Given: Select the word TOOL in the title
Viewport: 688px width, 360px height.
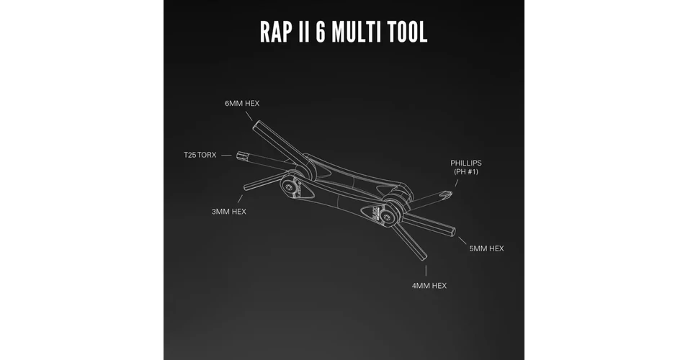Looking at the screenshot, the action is [x=408, y=32].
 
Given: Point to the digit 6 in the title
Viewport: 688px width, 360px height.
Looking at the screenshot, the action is [x=321, y=32].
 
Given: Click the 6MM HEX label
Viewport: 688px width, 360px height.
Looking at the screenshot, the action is [x=242, y=104].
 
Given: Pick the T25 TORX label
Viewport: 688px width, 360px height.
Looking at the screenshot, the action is [x=200, y=155].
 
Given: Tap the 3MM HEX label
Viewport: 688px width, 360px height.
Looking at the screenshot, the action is [x=229, y=212].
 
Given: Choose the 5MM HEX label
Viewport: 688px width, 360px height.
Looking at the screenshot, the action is [x=486, y=248].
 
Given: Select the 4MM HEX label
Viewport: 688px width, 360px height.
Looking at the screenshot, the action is [x=429, y=285].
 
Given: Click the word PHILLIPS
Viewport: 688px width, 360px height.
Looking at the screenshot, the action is [x=466, y=163].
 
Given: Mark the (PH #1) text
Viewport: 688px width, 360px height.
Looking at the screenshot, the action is [x=466, y=171].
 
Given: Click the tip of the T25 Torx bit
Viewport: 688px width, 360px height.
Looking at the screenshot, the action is [x=238, y=156].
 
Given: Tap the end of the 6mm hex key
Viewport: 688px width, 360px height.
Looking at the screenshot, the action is [x=256, y=125].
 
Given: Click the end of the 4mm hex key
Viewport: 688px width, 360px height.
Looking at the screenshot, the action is [x=424, y=258].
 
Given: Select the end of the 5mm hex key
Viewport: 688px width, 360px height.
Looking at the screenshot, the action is [x=453, y=231].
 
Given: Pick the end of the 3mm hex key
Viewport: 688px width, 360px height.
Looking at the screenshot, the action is [x=245, y=187].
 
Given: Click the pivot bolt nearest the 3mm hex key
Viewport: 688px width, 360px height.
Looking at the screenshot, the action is [x=288, y=187].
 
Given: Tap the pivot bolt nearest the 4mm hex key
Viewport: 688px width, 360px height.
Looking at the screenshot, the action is [x=386, y=217].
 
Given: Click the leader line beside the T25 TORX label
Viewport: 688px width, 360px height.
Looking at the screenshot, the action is [x=226, y=156].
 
